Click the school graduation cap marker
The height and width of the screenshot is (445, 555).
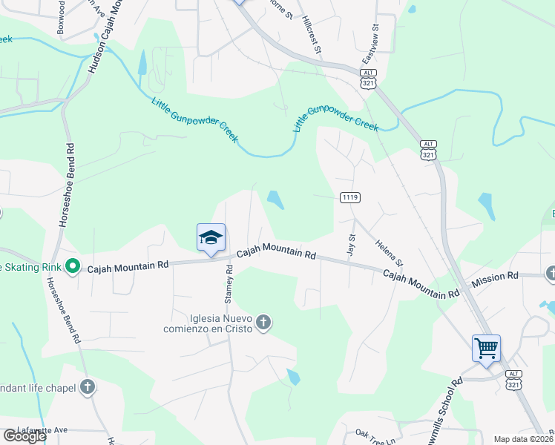211,237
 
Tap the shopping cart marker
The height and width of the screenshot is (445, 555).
486,348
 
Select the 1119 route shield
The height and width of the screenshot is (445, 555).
350,197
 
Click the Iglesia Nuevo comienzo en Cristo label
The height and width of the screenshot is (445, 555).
211,323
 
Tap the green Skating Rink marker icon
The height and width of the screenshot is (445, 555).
73,266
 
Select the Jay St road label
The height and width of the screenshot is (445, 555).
352,245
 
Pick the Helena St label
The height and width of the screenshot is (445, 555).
388,252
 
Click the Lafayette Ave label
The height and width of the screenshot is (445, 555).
44,429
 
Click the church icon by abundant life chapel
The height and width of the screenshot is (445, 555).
88,386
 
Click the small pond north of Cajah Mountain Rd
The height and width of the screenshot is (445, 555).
275,200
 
